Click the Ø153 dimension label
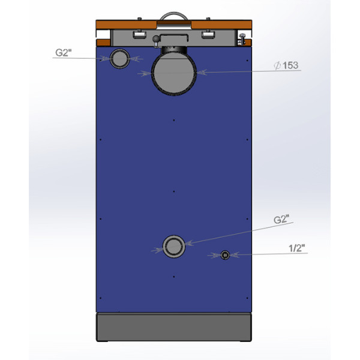[286, 65]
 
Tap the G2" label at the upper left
[64, 53]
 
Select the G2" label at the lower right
[281, 219]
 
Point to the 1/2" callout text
[296, 248]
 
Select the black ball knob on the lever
[156, 39]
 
